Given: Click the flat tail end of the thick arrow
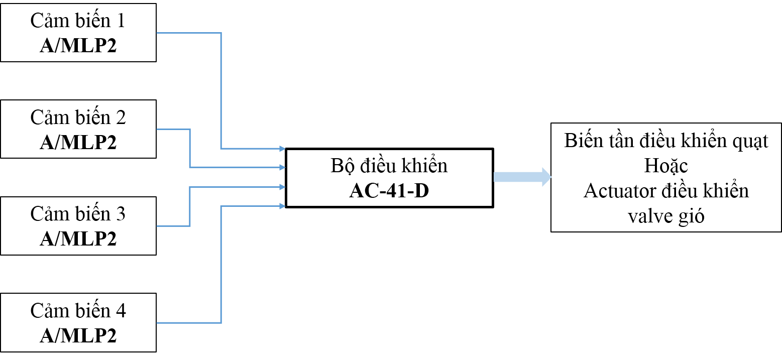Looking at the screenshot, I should [496, 177].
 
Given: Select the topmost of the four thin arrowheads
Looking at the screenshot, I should [283, 149].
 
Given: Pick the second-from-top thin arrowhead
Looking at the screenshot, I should [283, 167].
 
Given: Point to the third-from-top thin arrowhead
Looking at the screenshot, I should [283, 187].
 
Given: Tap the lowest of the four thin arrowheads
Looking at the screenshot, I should [283, 206].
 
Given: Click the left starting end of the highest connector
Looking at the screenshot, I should [158, 33].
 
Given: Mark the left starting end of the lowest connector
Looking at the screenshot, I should [158, 323].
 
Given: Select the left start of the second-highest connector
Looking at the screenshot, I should [158, 130].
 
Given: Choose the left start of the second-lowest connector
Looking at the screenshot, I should [158, 226].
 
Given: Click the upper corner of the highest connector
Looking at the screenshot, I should [221, 33].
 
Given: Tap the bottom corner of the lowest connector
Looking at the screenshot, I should [221, 323].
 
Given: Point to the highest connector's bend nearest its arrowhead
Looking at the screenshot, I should [221, 149].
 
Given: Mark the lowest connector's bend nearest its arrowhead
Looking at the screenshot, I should [221, 206].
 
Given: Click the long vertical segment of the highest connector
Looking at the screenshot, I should [221, 90].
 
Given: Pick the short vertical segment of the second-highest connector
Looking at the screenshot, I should [190, 148].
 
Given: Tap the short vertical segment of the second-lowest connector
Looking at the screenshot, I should [190, 206].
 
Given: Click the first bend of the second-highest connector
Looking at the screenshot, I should [190, 130].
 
